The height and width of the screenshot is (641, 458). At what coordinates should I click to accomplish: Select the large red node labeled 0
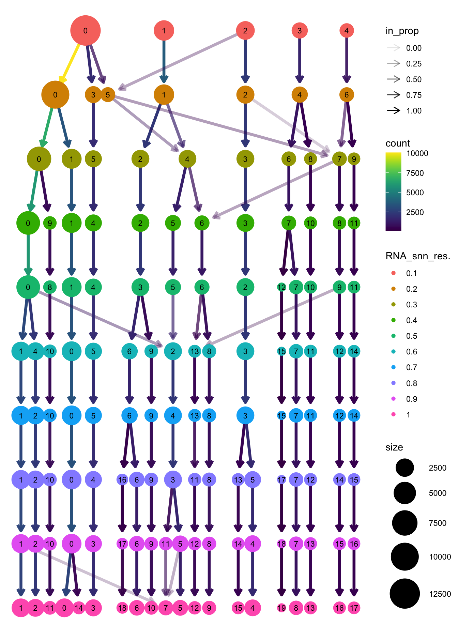point(85,31)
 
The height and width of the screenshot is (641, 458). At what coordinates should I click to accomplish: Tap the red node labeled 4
point(347,31)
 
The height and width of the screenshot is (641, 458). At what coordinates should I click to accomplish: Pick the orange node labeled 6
point(347,95)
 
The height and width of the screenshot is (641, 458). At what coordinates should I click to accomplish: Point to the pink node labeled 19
point(281,608)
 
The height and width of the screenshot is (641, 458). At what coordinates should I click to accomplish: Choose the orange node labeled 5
point(108,95)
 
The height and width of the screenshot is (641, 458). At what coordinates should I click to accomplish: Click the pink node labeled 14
point(79,608)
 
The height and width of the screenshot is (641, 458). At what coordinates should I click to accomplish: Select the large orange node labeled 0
point(55,95)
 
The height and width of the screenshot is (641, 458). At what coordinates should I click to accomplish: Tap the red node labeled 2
point(245,31)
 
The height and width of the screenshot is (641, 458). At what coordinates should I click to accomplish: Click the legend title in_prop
point(402,31)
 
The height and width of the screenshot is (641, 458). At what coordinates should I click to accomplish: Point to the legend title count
point(398,143)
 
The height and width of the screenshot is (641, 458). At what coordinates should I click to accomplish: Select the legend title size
point(394,447)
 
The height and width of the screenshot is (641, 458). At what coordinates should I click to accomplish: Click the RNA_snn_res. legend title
point(418,256)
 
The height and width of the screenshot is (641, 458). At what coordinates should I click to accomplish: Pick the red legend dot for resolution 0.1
point(394,273)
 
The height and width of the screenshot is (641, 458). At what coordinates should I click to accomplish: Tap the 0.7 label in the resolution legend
point(411,367)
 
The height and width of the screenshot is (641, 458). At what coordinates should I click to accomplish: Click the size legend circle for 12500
point(404,594)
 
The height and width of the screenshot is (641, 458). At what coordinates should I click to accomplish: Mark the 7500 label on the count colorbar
point(415,173)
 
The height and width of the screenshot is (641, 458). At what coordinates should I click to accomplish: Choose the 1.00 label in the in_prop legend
point(414,111)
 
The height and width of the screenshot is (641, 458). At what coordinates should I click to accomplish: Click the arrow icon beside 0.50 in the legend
point(394,79)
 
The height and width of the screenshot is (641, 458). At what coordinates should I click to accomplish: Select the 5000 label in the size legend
point(437,493)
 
